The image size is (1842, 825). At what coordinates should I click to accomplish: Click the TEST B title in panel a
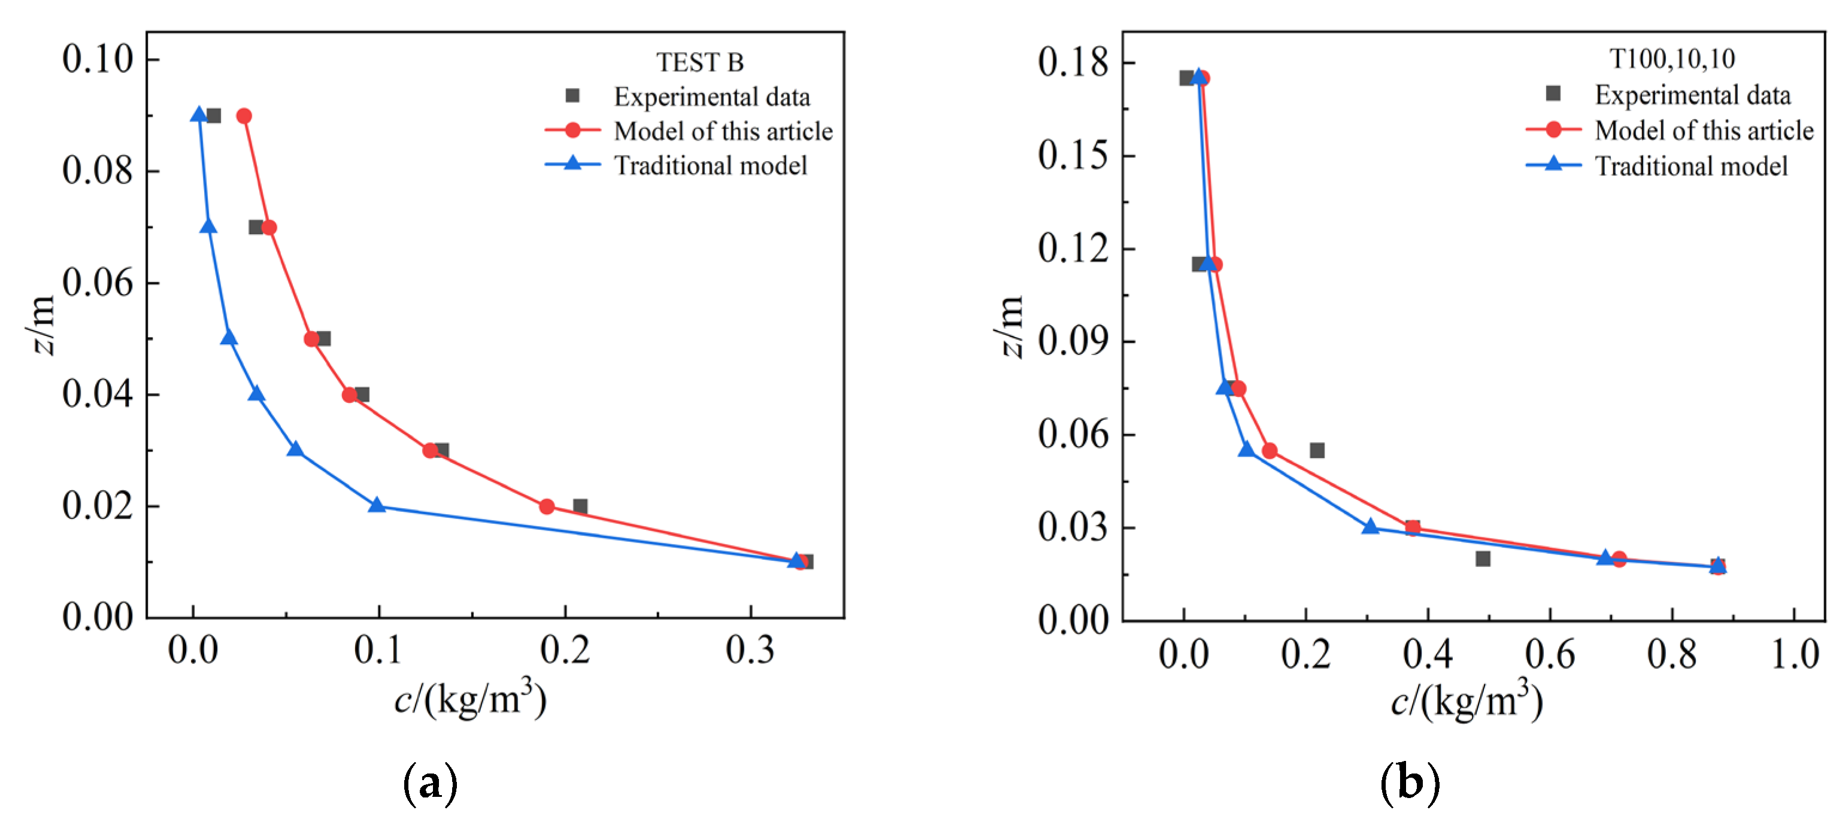699,63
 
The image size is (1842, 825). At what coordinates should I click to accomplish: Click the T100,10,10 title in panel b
1671,59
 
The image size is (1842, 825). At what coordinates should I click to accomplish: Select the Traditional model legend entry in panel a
710,166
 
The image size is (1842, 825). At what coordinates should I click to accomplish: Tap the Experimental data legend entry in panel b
1692,95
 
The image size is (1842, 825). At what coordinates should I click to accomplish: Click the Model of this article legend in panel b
1703,131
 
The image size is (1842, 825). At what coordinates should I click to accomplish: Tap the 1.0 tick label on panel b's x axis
1795,654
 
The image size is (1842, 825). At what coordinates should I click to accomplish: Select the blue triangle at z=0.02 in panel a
377,505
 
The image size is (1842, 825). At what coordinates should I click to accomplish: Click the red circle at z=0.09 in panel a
244,116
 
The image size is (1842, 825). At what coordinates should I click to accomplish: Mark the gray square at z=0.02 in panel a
580,506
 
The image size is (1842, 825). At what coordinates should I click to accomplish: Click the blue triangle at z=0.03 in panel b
1370,527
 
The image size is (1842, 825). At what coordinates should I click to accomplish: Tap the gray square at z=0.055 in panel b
1316,450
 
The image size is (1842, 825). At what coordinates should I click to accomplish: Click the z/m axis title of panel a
41,325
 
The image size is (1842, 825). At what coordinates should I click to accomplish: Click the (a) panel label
430,784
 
